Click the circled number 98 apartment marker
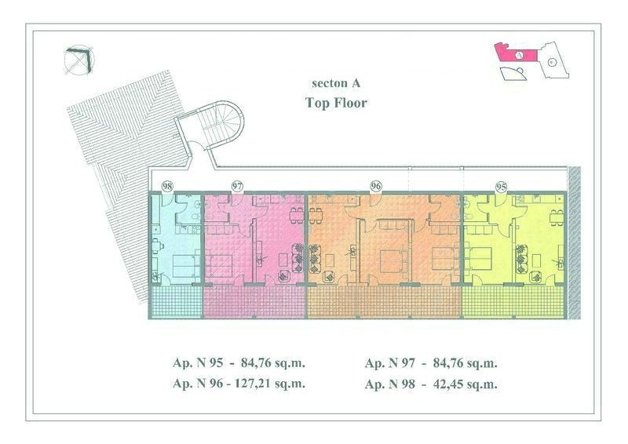(x=167, y=186)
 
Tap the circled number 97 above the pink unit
(x=238, y=186)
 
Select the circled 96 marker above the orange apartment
(x=376, y=186)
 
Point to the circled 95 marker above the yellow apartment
(x=501, y=187)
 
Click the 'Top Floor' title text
(x=336, y=103)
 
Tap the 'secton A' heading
(x=336, y=83)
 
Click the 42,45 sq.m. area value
(x=465, y=384)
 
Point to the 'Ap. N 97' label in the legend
(x=390, y=363)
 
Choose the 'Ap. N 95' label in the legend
(x=198, y=362)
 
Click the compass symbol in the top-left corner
(x=79, y=60)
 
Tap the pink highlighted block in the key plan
(x=517, y=52)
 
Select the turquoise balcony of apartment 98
(x=176, y=301)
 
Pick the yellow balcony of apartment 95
(x=513, y=300)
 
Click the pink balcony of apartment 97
(x=254, y=301)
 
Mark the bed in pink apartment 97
(x=218, y=264)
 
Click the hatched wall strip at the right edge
(x=574, y=242)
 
